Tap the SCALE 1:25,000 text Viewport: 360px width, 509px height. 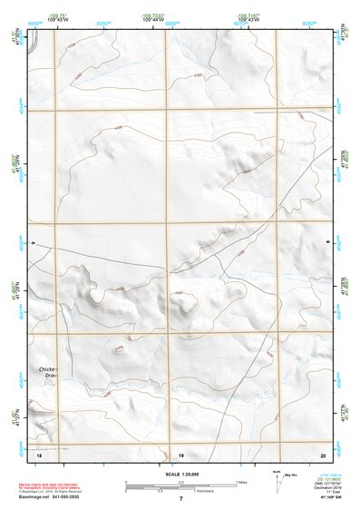click(x=179, y=475)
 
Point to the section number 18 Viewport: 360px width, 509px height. click(x=40, y=453)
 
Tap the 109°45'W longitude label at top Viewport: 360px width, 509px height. click(x=59, y=20)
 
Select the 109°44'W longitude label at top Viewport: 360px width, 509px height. click(x=152, y=20)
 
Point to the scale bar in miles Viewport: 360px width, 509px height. click(x=181, y=484)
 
